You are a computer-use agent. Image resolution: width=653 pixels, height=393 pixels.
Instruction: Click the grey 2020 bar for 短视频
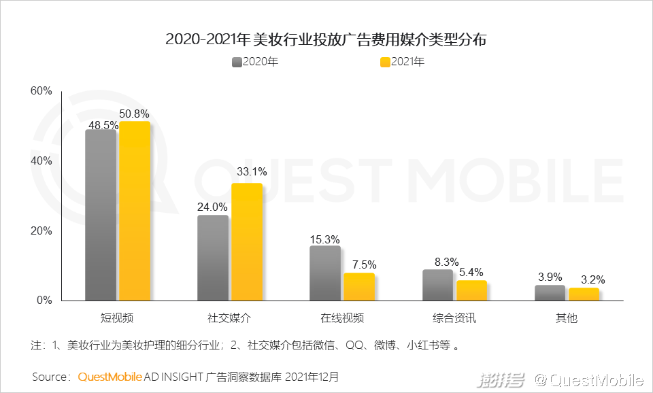click(x=101, y=214)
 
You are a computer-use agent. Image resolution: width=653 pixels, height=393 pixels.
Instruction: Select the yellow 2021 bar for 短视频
click(x=135, y=211)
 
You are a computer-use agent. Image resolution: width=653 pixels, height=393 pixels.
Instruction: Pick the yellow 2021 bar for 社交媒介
click(x=246, y=241)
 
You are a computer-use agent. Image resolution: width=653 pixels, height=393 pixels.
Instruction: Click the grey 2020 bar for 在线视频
click(x=325, y=273)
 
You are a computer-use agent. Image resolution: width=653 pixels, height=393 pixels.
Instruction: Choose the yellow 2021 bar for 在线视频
click(x=359, y=286)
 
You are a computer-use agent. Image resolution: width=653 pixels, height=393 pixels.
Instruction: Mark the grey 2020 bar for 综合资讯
click(x=437, y=284)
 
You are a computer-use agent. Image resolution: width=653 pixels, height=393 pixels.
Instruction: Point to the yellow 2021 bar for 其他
click(x=584, y=294)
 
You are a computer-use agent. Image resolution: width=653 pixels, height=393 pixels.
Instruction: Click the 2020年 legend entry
click(x=255, y=62)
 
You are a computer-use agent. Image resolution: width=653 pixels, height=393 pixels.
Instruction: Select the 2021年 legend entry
click(x=402, y=62)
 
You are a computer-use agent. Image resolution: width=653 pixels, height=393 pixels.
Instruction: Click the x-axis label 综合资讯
click(x=454, y=318)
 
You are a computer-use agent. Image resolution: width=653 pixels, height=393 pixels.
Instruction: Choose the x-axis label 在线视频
click(x=342, y=318)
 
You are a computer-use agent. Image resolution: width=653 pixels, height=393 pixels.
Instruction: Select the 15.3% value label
click(x=324, y=239)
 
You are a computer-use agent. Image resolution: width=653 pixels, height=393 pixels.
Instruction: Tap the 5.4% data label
click(x=471, y=271)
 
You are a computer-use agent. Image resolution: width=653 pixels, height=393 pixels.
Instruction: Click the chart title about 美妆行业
click(x=326, y=39)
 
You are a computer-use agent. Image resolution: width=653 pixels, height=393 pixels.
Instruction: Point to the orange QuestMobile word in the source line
click(x=110, y=376)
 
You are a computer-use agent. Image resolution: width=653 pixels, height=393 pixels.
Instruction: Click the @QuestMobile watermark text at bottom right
click(x=589, y=379)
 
